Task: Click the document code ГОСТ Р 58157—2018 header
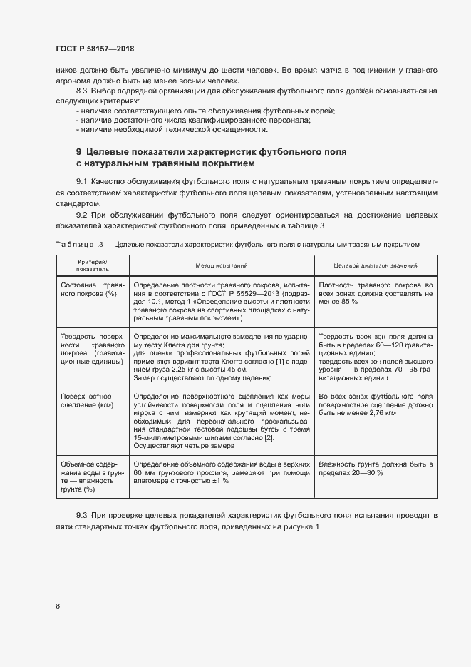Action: (95, 49)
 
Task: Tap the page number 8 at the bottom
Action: (57, 606)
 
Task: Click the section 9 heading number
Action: (79, 152)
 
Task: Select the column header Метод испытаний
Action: (222, 266)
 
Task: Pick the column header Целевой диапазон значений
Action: (376, 266)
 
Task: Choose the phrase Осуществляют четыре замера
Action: (181, 446)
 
